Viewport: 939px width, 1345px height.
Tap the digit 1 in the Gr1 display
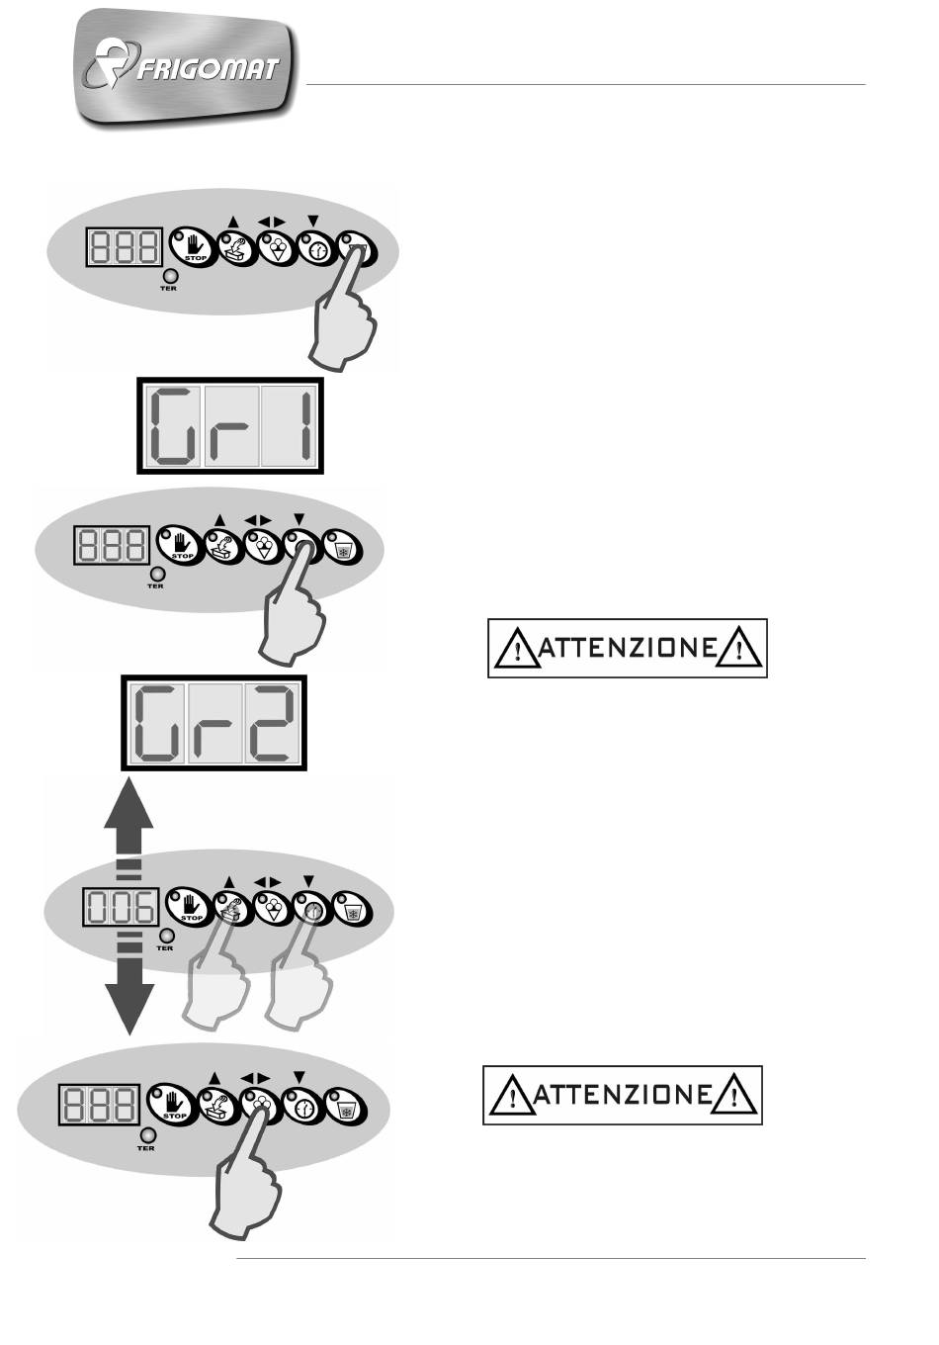[306, 425]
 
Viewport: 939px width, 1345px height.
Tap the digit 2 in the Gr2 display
[273, 722]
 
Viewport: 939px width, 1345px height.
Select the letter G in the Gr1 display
[175, 425]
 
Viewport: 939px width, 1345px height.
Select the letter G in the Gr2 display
[158, 722]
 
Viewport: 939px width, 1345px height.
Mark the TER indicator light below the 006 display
[167, 937]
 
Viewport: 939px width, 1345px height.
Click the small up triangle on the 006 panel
[228, 882]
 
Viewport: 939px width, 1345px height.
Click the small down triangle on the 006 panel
[308, 881]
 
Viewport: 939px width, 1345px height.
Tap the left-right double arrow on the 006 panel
[268, 881]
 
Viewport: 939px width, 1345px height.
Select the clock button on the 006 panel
[312, 908]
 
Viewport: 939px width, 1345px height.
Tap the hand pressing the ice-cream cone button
[244, 1178]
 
